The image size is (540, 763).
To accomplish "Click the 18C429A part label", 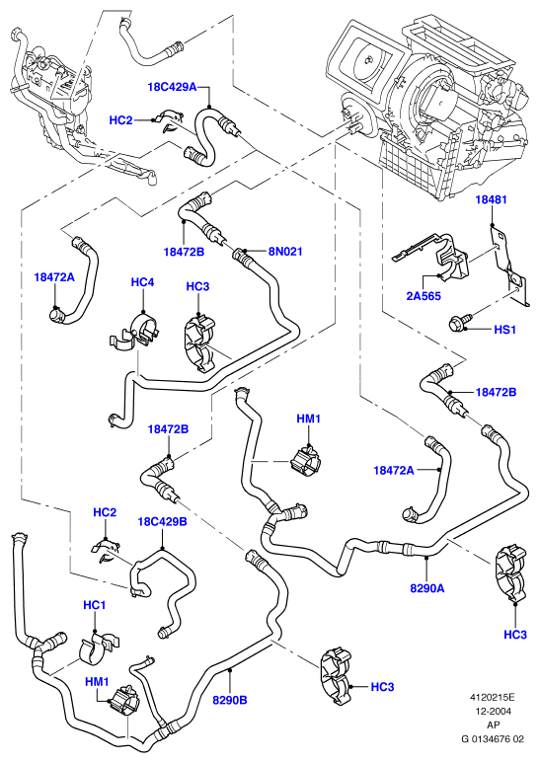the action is coord(172,87).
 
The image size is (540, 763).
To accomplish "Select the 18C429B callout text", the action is coord(162,521).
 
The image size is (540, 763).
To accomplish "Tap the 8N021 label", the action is coord(285,251).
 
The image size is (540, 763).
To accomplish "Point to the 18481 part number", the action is coord(491,199).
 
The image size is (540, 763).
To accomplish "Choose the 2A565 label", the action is coord(424,296).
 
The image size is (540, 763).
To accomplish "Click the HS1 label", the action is coord(504,330).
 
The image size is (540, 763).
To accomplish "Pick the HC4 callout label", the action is coord(142,282).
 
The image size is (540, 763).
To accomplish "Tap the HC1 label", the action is coord(95,605).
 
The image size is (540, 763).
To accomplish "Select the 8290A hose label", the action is coord(427,588).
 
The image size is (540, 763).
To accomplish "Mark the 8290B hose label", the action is coord(230,700).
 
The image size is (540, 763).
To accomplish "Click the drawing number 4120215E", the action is coord(493,697).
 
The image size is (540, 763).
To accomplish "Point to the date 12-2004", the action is coord(494,711).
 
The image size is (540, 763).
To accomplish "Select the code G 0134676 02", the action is coord(493,739).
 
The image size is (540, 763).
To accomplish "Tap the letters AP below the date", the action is coord(494,725).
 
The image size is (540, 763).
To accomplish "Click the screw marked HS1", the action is coord(459,321).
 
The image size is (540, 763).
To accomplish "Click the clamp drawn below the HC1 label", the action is coord(100,649).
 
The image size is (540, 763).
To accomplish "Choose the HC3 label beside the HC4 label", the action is coord(197,286).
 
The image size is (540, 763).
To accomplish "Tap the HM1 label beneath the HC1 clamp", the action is coord(97,682).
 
